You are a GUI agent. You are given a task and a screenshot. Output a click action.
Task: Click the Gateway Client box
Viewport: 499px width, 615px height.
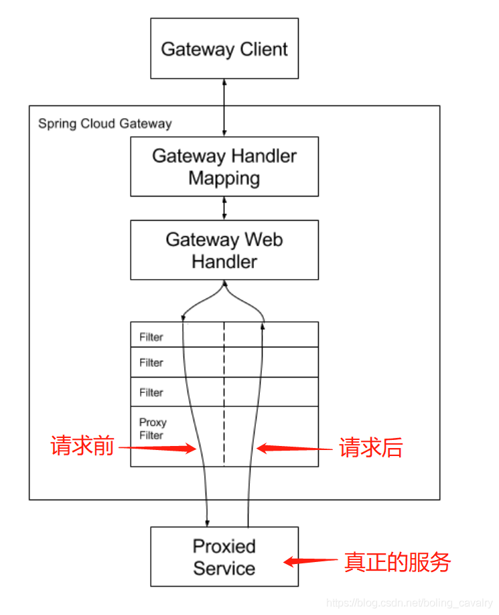pos(224,49)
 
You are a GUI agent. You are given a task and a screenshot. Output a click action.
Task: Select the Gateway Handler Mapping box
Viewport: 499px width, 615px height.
pos(224,166)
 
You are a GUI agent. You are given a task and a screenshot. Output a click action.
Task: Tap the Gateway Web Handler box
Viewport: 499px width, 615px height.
pos(224,250)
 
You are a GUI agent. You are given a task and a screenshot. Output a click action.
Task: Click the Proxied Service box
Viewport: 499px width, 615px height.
pos(224,557)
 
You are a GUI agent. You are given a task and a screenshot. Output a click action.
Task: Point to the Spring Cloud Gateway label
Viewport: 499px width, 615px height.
pos(104,124)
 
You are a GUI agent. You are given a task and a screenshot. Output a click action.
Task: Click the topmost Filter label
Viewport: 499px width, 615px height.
pos(151,337)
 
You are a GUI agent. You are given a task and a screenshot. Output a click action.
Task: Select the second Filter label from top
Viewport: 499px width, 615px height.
pos(151,363)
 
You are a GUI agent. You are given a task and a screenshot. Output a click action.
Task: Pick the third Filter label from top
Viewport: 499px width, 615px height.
pos(151,392)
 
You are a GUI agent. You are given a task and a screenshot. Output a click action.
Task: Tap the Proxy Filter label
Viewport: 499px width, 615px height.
pos(152,429)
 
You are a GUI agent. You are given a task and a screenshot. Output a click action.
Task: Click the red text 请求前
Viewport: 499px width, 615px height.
pos(82,447)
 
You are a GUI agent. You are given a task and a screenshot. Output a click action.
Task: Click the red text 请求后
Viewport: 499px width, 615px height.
pos(370,448)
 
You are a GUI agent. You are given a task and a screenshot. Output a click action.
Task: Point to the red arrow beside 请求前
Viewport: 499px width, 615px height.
pos(158,448)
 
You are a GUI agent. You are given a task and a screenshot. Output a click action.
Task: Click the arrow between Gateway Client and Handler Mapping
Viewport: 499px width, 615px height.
pos(224,107)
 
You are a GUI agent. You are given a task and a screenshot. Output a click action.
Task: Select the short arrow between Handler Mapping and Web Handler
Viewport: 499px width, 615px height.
pos(224,208)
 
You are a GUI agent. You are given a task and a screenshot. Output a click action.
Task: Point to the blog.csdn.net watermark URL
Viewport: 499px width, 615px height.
pos(409,603)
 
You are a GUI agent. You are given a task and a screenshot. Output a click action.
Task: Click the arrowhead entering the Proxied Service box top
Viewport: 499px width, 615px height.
pos(208,522)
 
